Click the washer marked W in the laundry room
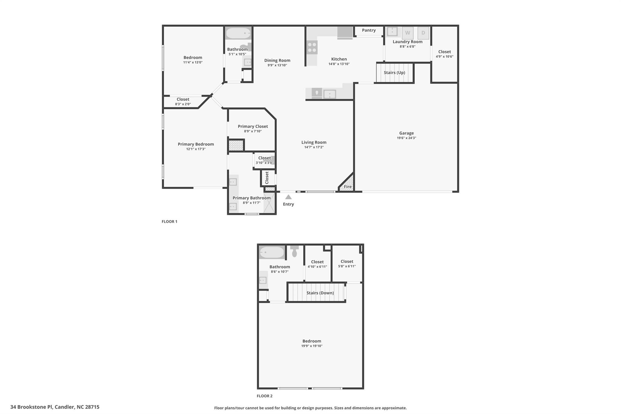pyautogui.click(x=408, y=33)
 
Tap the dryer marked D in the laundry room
pyautogui.click(x=423, y=33)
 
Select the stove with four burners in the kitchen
pyautogui.click(x=312, y=47)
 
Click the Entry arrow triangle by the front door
pyautogui.click(x=288, y=197)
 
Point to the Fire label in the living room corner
pyautogui.click(x=348, y=187)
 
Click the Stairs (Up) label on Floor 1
pyautogui.click(x=394, y=72)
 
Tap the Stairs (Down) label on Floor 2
pyautogui.click(x=320, y=293)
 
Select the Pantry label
pyautogui.click(x=369, y=30)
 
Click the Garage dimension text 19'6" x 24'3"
pyautogui.click(x=406, y=138)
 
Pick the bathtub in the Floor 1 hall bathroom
pyautogui.click(x=238, y=33)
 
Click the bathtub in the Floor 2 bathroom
pyautogui.click(x=272, y=252)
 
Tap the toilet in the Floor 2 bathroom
pyautogui.click(x=294, y=251)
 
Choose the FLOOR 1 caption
pyautogui.click(x=170, y=221)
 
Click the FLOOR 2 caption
pyautogui.click(x=264, y=396)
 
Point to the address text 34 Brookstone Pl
pyautogui.click(x=31, y=407)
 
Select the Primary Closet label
pyautogui.click(x=253, y=126)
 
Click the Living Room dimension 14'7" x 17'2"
pyautogui.click(x=314, y=147)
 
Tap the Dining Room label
pyautogui.click(x=277, y=60)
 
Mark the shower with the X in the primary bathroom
pyautogui.click(x=269, y=202)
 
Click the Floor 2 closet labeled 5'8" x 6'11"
pyautogui.click(x=347, y=264)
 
